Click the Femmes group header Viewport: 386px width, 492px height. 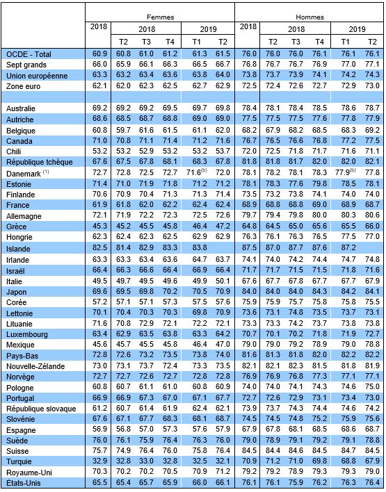[x=160, y=17]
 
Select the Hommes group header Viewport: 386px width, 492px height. [x=309, y=17]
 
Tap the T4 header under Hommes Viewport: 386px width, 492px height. [x=319, y=42]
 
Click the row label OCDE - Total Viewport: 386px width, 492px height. [x=29, y=54]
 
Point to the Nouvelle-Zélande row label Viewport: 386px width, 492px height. [x=35, y=366]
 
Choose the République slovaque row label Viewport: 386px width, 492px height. [x=41, y=409]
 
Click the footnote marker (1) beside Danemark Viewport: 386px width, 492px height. [x=46, y=172]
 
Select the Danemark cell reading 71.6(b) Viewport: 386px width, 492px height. [x=200, y=172]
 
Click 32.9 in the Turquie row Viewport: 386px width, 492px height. [x=99, y=461]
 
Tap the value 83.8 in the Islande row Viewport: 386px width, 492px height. [x=200, y=247]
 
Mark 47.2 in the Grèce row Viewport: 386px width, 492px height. [x=223, y=227]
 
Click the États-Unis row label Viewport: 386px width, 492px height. [x=24, y=483]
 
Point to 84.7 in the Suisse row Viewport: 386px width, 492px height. [x=348, y=451]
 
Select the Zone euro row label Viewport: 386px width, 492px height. [x=23, y=86]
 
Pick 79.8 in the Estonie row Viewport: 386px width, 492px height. [x=319, y=183]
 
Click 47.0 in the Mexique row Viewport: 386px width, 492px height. [x=223, y=344]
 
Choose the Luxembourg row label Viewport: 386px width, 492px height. [x=27, y=334]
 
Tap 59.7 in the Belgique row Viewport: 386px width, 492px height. [x=123, y=130]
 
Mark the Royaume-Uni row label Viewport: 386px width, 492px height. [x=29, y=473]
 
